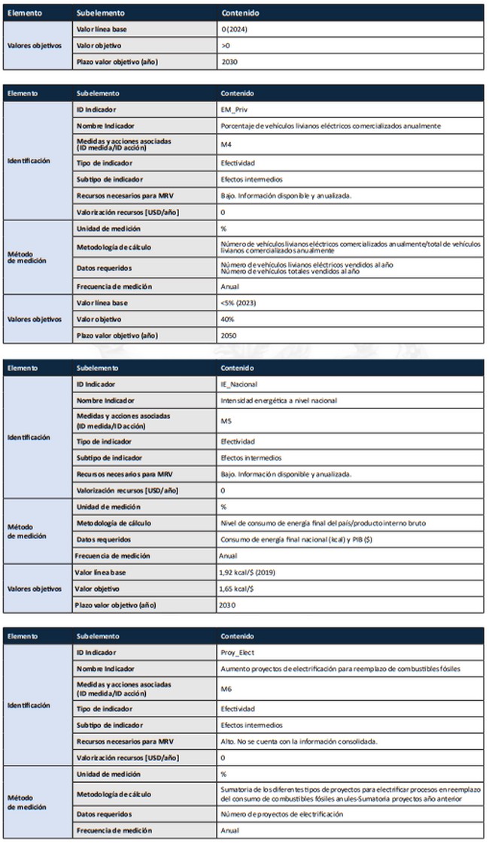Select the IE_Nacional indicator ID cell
[238, 384]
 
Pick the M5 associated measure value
[226, 420]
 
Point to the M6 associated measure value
[226, 688]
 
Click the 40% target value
[227, 319]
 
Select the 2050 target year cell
[229, 335]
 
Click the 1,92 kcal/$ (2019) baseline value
[250, 572]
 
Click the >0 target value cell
[226, 45]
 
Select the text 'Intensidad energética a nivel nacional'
[279, 400]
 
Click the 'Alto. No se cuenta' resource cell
[298, 741]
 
